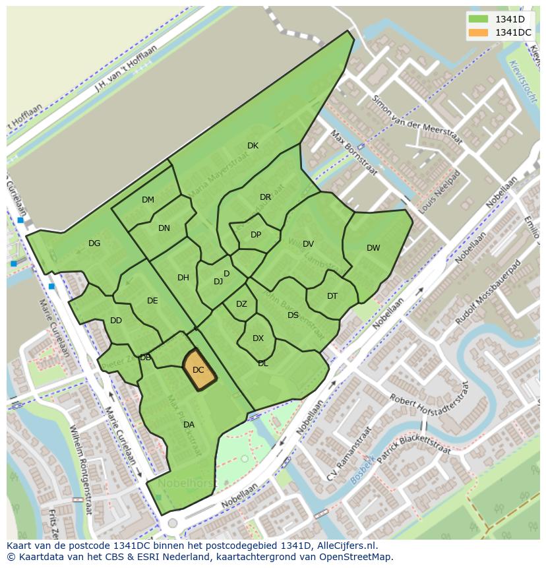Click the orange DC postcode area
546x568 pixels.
(198, 370)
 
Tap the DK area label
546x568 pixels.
(253, 146)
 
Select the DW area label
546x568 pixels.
(373, 248)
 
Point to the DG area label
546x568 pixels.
(94, 243)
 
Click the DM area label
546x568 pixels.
(148, 200)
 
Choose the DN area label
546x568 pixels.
(164, 228)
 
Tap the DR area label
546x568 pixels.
(265, 197)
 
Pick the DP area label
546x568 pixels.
(256, 235)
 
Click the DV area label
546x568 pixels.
(308, 244)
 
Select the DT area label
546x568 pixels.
(332, 296)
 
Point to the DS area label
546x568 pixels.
(293, 315)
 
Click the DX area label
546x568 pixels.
(258, 338)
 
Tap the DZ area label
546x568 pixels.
(241, 304)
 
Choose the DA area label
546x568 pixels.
(189, 425)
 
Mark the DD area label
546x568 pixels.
(116, 321)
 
